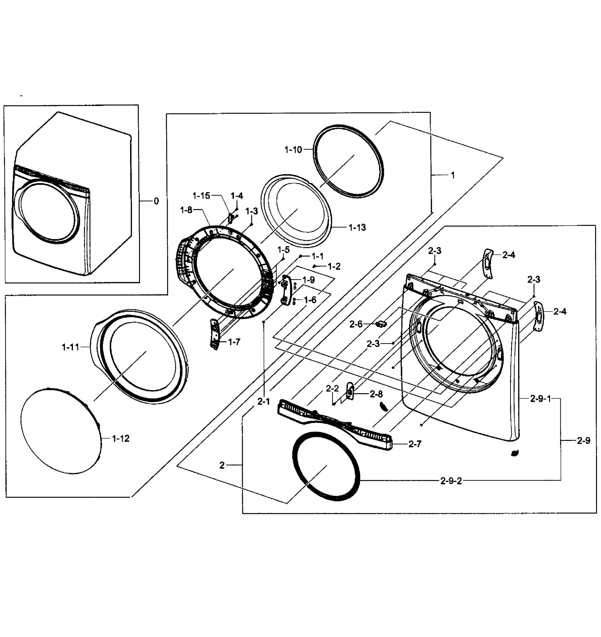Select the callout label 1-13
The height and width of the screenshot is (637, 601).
point(357,227)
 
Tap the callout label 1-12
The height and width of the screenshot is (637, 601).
point(121,439)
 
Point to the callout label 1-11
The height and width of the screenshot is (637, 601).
point(70,347)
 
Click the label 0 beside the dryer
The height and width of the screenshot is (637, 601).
point(156,201)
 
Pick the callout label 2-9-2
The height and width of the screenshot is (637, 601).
point(451,481)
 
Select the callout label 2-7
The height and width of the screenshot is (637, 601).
point(415,444)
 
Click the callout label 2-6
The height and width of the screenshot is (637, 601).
point(356,324)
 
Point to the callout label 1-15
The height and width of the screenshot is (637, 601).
point(201,195)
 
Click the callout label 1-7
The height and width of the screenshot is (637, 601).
point(234,342)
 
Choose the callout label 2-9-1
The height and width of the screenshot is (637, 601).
point(540,399)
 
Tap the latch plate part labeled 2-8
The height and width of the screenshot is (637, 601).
point(350,391)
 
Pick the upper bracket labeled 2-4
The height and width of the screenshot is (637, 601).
point(488,263)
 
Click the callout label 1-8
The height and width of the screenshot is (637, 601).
point(186,210)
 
